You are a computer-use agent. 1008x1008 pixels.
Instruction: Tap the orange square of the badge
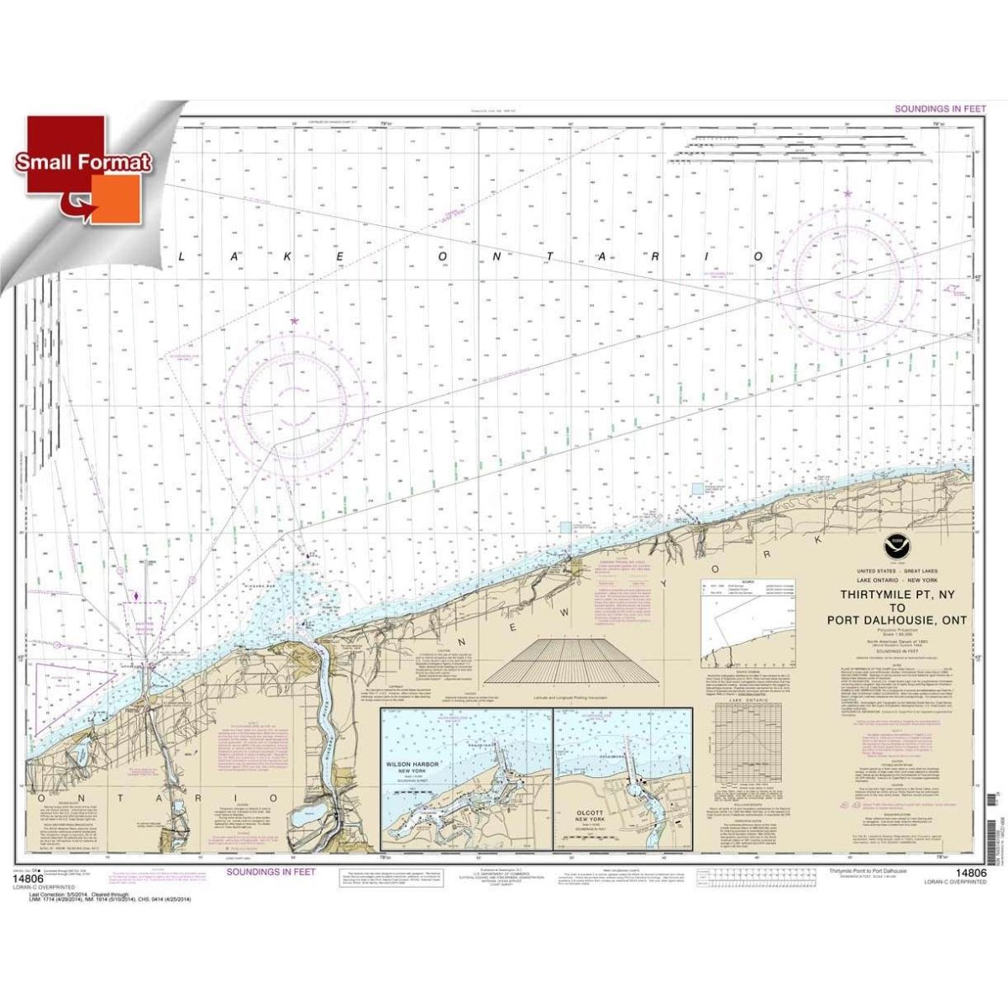(118, 199)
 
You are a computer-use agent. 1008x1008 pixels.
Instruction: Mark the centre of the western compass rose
(294, 403)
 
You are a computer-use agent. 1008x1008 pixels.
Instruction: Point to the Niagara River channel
(323, 714)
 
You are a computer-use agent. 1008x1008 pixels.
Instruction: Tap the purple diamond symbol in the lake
(136, 597)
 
